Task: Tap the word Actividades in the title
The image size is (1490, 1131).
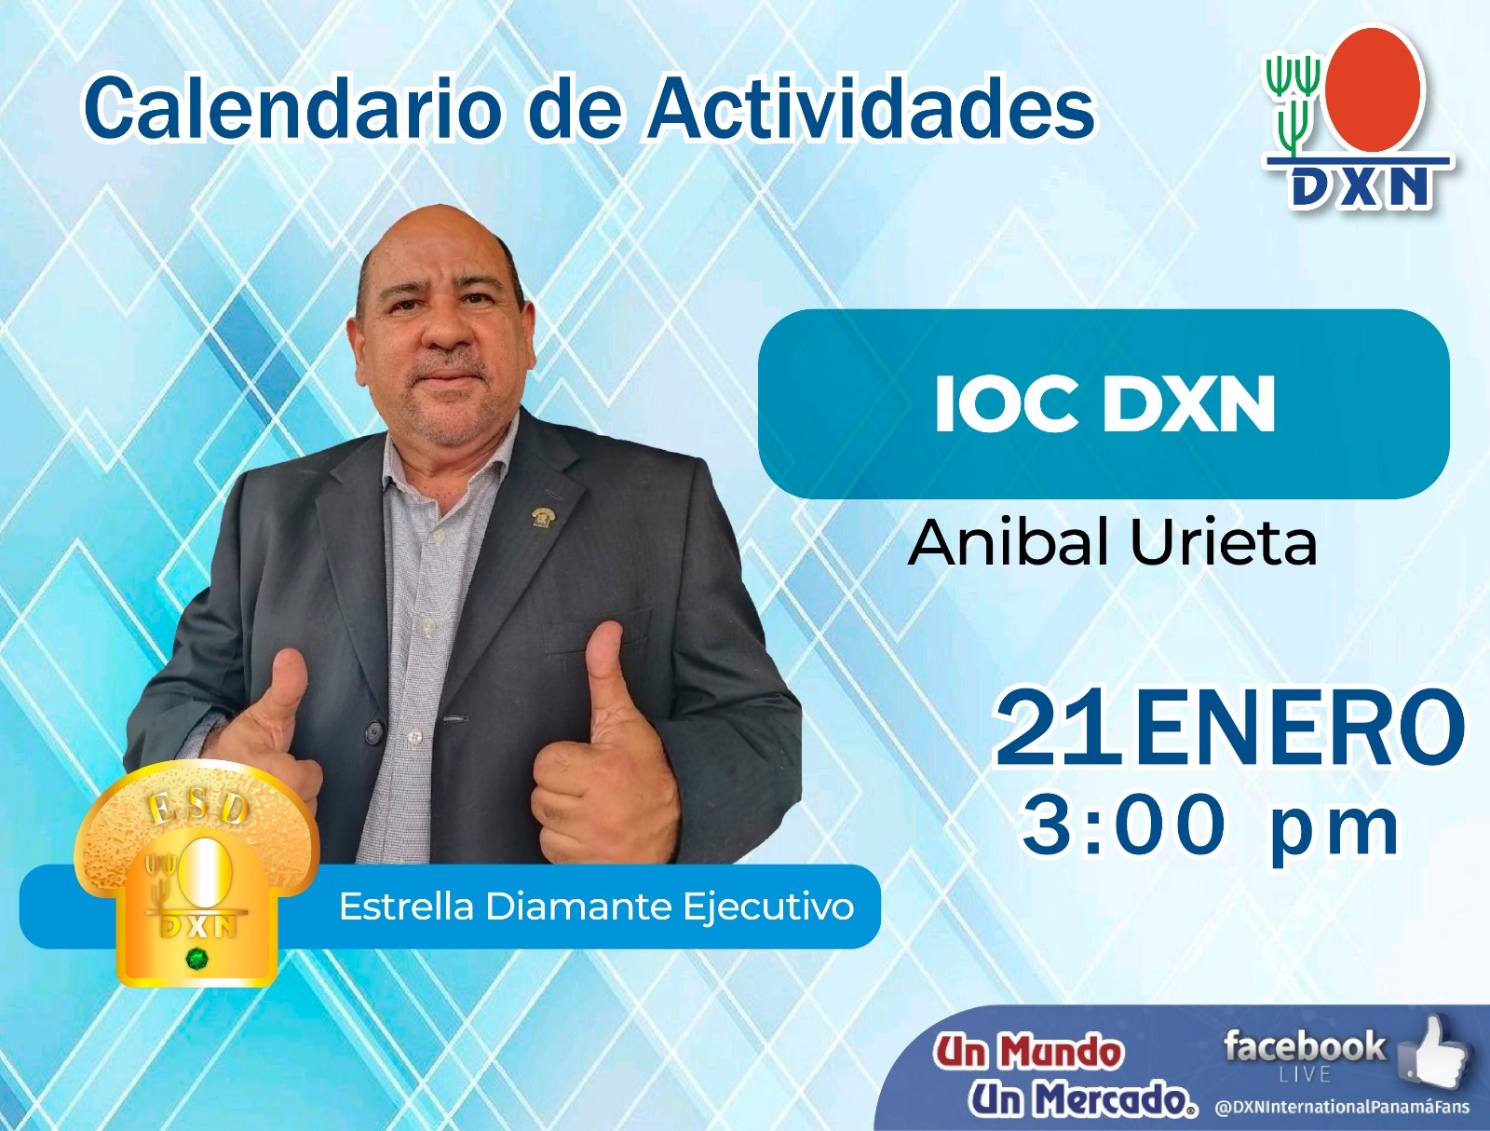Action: tap(870, 108)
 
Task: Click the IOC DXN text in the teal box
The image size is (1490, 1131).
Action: tap(1104, 404)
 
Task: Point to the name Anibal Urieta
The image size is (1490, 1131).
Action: tap(1112, 541)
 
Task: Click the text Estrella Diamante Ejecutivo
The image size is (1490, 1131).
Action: tap(596, 907)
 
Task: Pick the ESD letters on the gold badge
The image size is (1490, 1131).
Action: tap(197, 809)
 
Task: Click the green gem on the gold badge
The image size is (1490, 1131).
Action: tap(196, 960)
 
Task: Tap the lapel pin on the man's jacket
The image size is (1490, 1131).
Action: tap(541, 517)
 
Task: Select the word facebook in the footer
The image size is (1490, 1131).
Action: tap(1304, 1046)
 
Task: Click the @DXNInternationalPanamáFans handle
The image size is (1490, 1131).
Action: tap(1342, 1107)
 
